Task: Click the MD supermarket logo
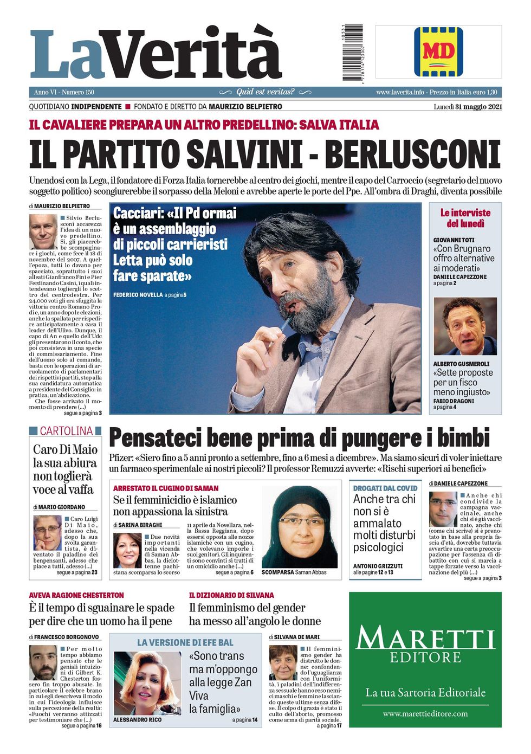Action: pos(438,51)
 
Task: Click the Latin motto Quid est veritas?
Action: pos(265,92)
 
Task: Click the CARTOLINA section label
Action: pos(66,431)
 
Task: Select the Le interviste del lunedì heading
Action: pos(465,218)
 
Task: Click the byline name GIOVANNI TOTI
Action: pos(454,240)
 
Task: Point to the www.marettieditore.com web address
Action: pos(425,713)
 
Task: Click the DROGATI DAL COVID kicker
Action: pos(385,488)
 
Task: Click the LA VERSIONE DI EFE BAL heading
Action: pos(185,642)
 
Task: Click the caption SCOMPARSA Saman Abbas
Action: pos(294,572)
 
